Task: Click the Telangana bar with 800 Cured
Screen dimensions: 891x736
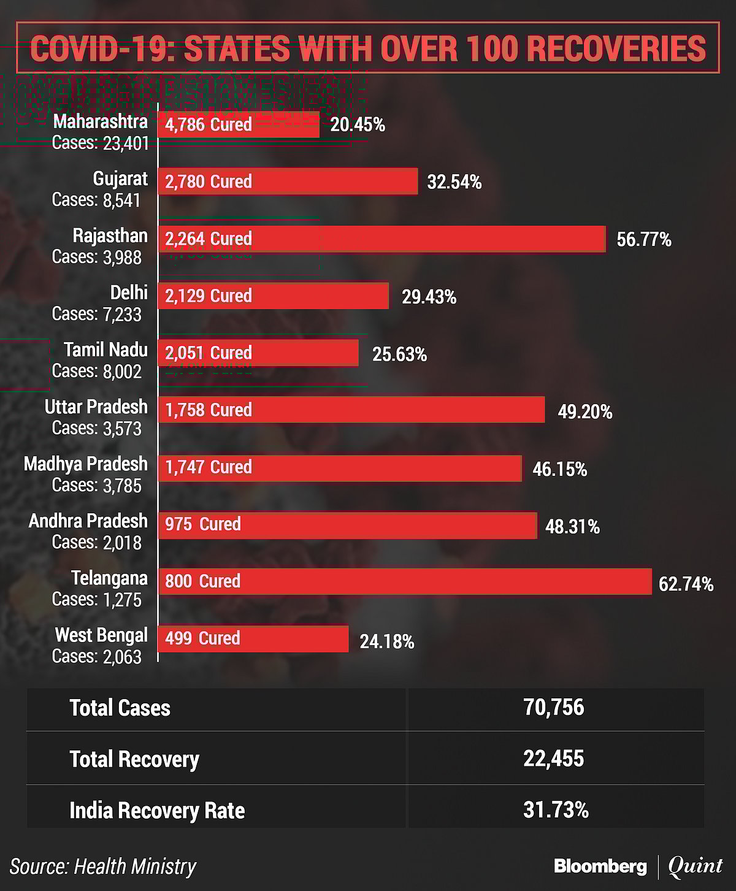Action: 405,581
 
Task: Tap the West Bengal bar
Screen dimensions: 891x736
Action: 253,638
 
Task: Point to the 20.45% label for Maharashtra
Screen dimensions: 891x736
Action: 358,125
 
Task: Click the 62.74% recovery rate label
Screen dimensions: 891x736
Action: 686,584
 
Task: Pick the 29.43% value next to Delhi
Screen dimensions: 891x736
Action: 429,297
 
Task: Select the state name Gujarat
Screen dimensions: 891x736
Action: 120,178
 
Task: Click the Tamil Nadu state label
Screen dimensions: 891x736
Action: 105,350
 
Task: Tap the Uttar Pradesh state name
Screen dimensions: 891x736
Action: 96,407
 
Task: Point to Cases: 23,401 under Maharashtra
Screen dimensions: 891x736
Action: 101,143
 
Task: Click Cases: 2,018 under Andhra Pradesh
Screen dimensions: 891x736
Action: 97,543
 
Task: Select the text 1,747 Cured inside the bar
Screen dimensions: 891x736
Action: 209,467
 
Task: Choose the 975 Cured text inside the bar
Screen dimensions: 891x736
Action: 203,524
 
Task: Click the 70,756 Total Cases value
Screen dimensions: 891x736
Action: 554,708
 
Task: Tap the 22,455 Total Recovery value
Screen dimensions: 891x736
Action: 554,759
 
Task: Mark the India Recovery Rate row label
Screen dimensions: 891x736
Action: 157,811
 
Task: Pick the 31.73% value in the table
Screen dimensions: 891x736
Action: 556,810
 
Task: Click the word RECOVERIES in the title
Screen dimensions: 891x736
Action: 616,48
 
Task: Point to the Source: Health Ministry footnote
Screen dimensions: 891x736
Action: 103,866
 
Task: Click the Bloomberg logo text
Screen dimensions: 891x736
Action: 600,866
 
